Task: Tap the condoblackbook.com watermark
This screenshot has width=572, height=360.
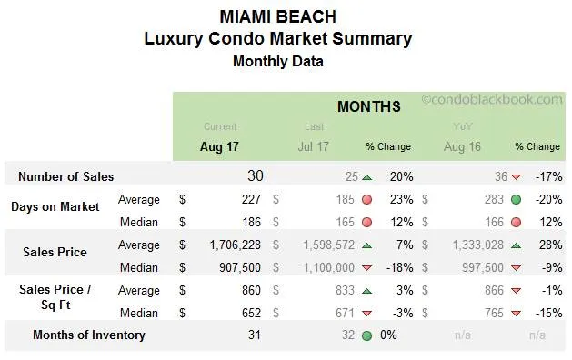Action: pyautogui.click(x=491, y=99)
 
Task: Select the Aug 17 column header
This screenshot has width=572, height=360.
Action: pyautogui.click(x=220, y=145)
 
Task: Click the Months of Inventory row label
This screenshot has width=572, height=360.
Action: pyautogui.click(x=88, y=335)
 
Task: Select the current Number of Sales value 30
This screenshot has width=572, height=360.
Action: pyautogui.click(x=255, y=176)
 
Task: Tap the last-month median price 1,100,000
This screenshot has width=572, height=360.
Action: pyautogui.click(x=324, y=267)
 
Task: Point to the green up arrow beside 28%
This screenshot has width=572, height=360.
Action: pyautogui.click(x=517, y=245)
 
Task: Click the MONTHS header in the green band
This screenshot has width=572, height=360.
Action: pyautogui.click(x=368, y=106)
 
